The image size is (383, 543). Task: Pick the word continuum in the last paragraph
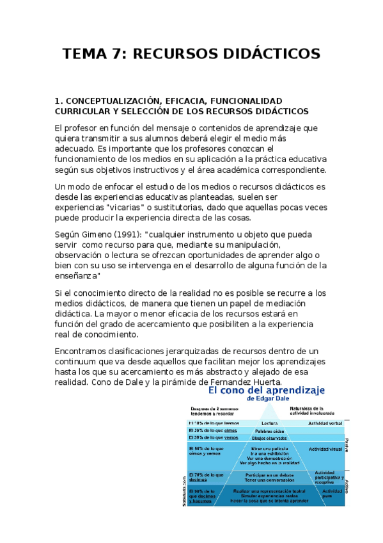coord(80,362)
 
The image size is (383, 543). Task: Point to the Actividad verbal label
coord(325,423)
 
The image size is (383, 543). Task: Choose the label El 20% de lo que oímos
coord(210,431)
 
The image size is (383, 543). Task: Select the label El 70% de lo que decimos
coord(207,478)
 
